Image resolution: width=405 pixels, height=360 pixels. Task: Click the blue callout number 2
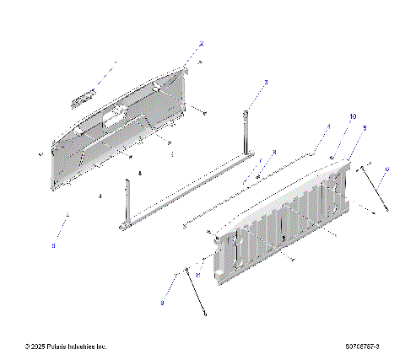point(201,42)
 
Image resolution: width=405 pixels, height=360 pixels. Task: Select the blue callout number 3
point(266,83)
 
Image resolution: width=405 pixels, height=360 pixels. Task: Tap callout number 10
point(353,116)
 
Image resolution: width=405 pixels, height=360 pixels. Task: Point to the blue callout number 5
point(364,127)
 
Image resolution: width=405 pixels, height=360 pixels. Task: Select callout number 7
point(261,161)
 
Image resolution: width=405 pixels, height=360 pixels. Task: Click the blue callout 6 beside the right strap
point(386,169)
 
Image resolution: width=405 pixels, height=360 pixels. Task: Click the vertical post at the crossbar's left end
point(127,202)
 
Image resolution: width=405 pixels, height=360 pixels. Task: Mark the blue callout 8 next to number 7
point(273,153)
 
